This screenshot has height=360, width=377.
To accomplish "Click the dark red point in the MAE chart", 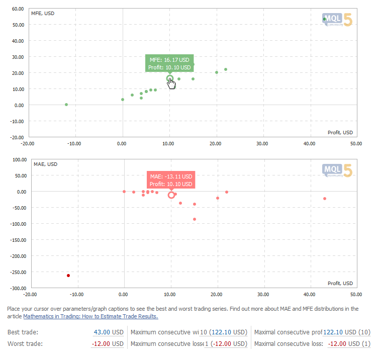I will tap(68, 276).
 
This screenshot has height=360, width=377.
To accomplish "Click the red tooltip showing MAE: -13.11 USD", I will tap(170, 181).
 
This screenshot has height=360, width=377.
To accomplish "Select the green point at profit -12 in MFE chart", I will tap(66, 105).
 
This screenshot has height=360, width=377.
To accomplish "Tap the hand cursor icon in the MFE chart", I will tap(172, 83).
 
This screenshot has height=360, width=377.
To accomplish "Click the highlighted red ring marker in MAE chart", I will tap(171, 195).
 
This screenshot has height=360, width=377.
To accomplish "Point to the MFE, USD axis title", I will tap(43, 13).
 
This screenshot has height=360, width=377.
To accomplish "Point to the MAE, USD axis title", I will tap(45, 164).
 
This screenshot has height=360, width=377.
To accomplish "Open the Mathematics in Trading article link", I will tap(90, 316).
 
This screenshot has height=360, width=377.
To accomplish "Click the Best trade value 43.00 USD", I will tap(109, 332).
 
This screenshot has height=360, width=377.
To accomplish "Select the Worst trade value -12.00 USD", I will tap(108, 344).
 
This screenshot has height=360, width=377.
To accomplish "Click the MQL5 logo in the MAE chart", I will tap(337, 171).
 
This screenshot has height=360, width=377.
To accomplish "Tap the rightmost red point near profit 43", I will tap(325, 199).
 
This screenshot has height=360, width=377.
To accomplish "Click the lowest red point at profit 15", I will tap(195, 219).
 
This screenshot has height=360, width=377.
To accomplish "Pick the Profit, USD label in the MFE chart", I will tap(340, 132).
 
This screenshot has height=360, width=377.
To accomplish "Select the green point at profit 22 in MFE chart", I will tap(226, 69).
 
